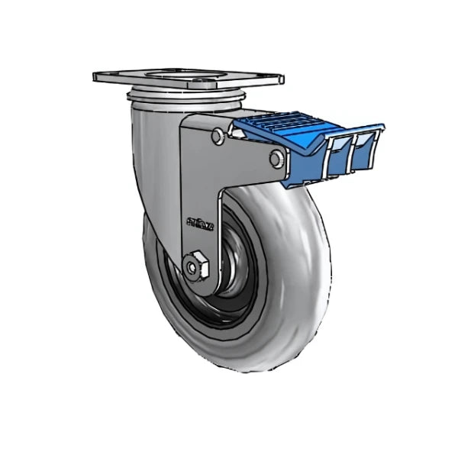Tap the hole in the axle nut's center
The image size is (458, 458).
click(x=190, y=266)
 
